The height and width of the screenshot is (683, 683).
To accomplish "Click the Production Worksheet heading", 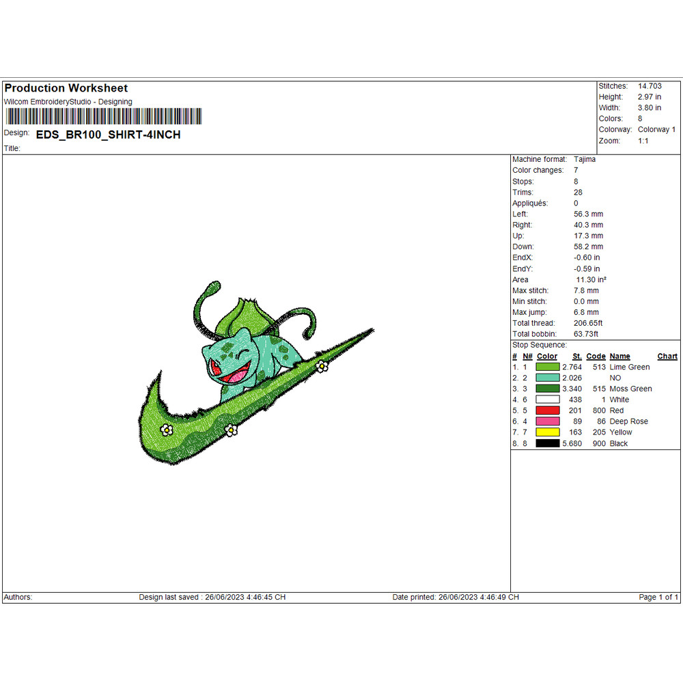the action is pyautogui.click(x=66, y=88).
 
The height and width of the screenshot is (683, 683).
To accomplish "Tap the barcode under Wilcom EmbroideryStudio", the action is pyautogui.click(x=104, y=116).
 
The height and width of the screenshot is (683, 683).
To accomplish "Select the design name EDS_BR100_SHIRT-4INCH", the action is pyautogui.click(x=108, y=135).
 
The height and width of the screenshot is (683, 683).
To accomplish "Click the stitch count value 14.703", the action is pyautogui.click(x=650, y=86).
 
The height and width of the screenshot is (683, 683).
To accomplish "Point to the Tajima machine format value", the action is pyautogui.click(x=584, y=159).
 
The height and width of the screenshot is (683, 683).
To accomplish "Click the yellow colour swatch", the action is pyautogui.click(x=548, y=432).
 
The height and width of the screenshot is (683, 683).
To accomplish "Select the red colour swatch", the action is pyautogui.click(x=548, y=410).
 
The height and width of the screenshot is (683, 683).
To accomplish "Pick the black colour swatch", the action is pyautogui.click(x=548, y=443).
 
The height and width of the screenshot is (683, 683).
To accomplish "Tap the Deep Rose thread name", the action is pyautogui.click(x=628, y=421).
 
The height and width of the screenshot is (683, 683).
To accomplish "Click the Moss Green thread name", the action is pyautogui.click(x=630, y=389).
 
